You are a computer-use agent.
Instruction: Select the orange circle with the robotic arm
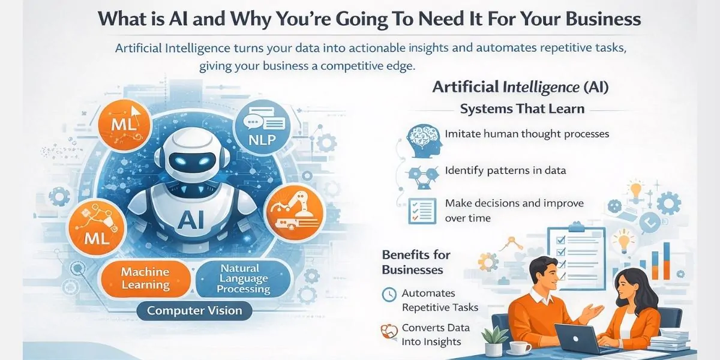[293, 210]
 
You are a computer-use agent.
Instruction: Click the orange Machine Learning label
[146, 278]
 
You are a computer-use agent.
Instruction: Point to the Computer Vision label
[194, 311]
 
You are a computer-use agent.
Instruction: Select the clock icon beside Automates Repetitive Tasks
[389, 294]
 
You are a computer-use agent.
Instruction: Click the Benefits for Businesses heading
[416, 262]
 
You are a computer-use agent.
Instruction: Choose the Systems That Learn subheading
[522, 109]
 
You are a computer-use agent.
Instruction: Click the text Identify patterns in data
[505, 170]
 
